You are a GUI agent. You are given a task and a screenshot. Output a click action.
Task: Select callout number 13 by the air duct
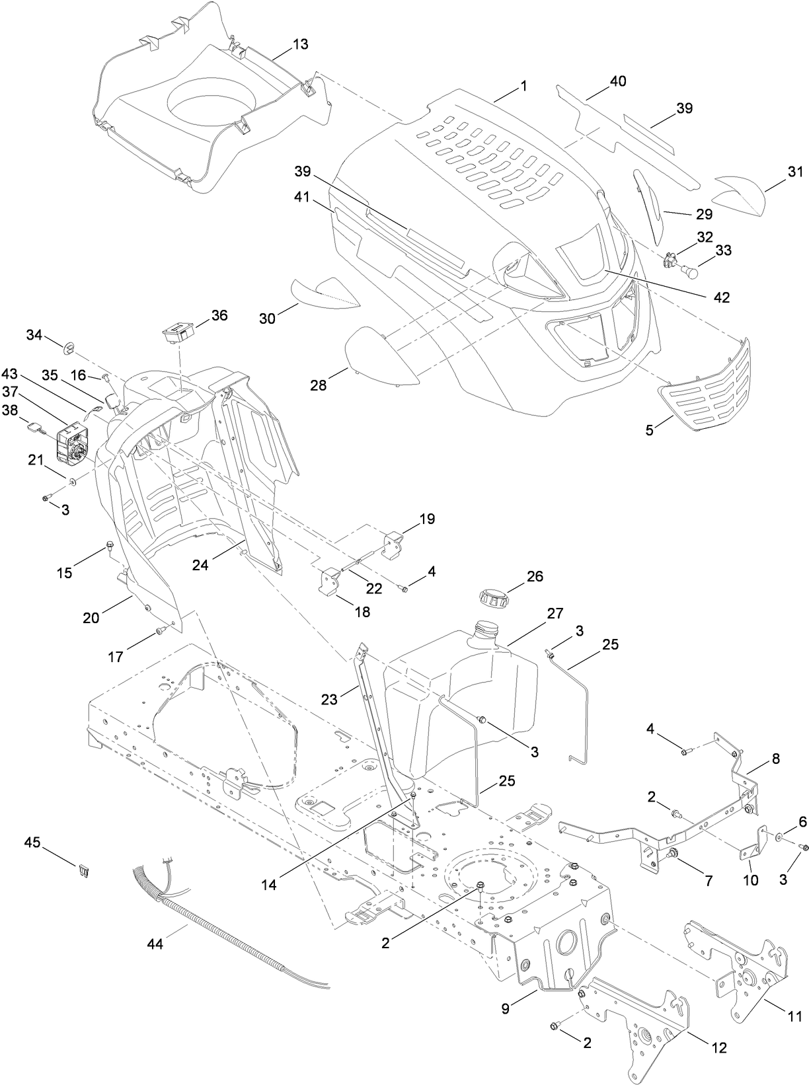(x=300, y=44)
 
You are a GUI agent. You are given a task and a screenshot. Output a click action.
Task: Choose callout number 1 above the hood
(x=523, y=86)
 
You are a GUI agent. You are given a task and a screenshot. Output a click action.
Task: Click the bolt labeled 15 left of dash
(x=110, y=546)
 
